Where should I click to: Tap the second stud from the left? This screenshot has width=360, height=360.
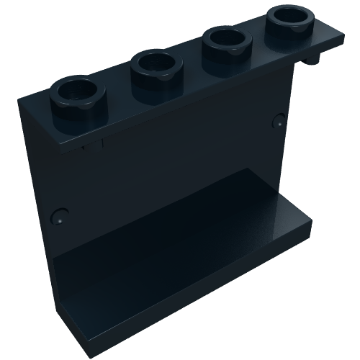155,70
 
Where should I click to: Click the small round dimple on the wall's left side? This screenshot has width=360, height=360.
60,213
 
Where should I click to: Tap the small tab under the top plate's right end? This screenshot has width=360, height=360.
315,57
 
